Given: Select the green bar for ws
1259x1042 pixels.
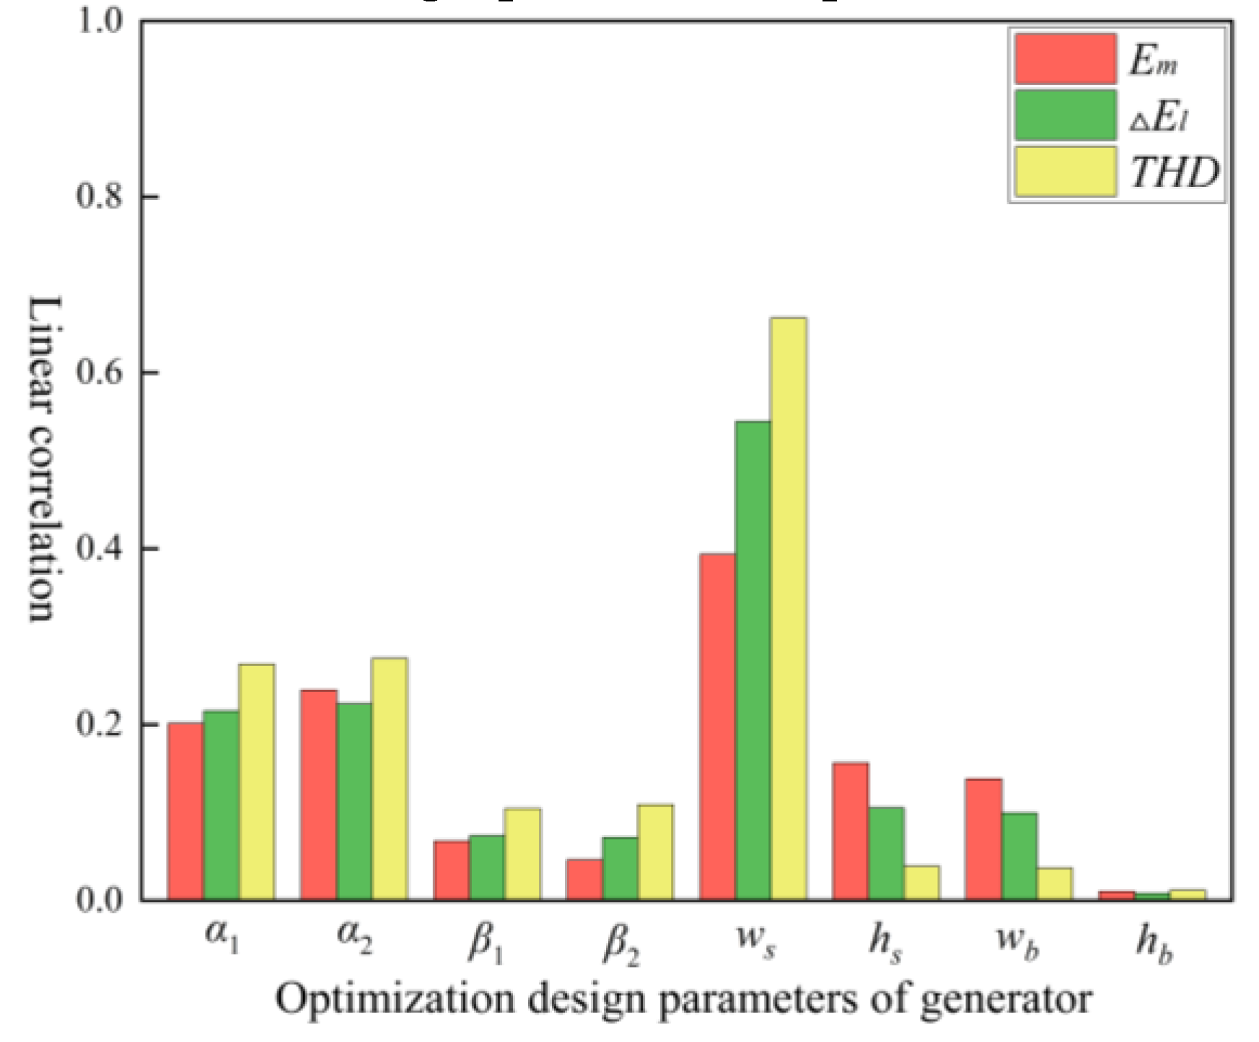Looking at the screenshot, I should click(x=753, y=660).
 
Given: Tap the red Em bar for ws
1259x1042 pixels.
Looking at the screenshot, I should click(x=717, y=727).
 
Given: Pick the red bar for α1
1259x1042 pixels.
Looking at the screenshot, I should click(x=185, y=811).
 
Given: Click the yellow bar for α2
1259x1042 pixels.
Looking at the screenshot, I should click(x=390, y=779).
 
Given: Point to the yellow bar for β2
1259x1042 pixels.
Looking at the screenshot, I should click(x=655, y=852).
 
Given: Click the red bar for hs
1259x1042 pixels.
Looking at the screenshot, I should click(x=851, y=831).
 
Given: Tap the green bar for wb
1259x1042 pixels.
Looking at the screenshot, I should click(x=1019, y=857).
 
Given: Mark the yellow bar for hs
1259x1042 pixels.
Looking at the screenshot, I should click(x=921, y=883).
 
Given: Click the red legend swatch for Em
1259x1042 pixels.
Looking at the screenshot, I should click(x=1065, y=59).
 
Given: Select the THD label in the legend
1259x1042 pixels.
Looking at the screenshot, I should click(x=1174, y=173).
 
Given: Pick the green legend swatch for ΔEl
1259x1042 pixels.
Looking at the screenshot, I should click(x=1065, y=115).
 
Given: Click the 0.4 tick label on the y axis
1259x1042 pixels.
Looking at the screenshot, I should click(x=103, y=549).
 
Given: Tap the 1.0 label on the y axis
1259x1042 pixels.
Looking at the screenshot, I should click(x=103, y=22).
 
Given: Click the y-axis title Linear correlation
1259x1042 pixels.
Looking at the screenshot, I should click(x=42, y=459).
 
